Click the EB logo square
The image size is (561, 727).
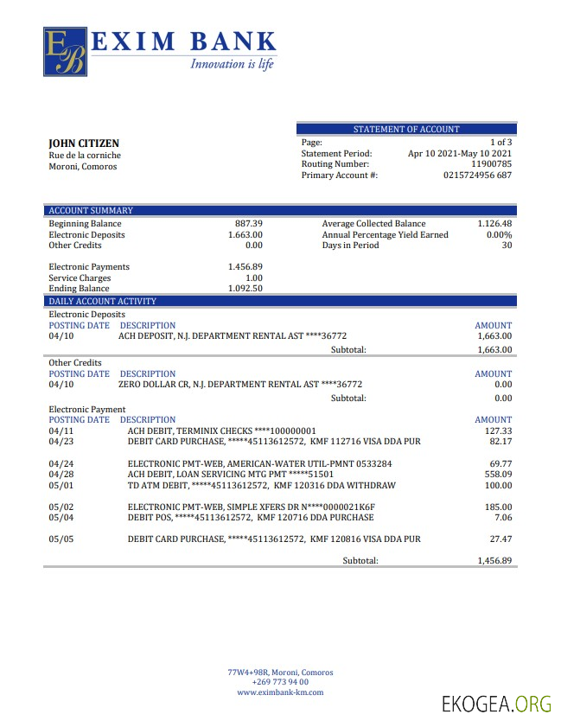66,52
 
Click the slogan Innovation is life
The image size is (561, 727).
232,64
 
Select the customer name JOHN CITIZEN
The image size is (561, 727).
84,143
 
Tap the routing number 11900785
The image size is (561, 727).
491,163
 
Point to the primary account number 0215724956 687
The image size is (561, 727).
477,175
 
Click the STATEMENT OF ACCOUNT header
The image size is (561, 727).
406,129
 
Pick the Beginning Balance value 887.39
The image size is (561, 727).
249,223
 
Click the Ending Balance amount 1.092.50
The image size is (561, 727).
245,289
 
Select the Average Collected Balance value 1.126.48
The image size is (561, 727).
494,223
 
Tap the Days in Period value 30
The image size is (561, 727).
507,246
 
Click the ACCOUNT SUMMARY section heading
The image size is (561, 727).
91,210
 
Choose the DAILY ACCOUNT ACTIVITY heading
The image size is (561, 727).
102,301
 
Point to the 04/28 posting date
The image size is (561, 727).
61,474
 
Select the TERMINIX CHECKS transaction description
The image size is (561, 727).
222,430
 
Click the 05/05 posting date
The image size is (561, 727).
61,539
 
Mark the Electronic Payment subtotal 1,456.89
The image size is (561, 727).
494,560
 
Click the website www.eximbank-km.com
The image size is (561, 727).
280,692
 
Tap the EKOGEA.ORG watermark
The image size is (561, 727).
496,704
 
